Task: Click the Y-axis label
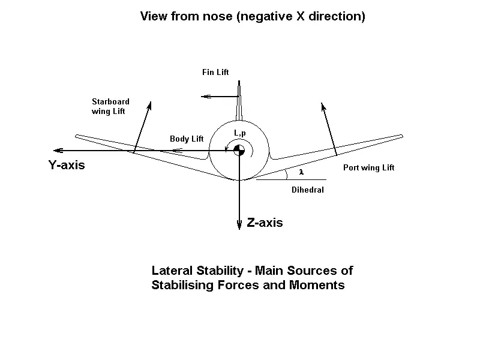(x=67, y=165)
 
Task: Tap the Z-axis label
(x=265, y=223)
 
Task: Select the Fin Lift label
(x=215, y=73)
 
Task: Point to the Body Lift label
(x=187, y=139)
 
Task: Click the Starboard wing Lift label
(x=110, y=106)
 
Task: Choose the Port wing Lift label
(x=368, y=168)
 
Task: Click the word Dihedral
(x=308, y=190)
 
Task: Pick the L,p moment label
(x=240, y=133)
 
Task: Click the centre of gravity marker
(x=239, y=150)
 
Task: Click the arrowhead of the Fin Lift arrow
(x=205, y=96)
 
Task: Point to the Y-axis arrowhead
(x=55, y=150)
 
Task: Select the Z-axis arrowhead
(x=239, y=224)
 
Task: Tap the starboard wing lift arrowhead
(x=149, y=105)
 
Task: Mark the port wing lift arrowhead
(x=323, y=106)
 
